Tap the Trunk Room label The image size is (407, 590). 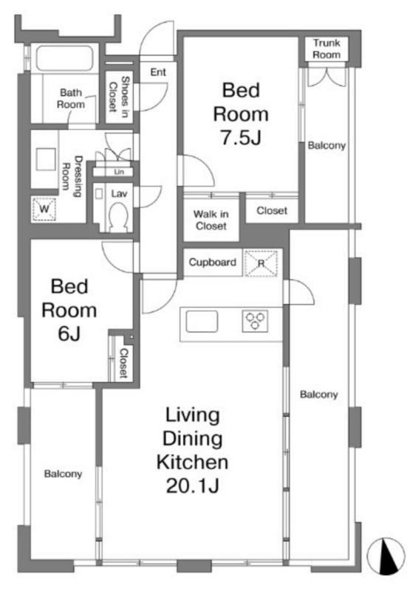point(326,49)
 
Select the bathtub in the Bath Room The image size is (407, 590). point(64,58)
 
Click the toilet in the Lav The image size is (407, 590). point(119,217)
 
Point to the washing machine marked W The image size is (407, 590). point(44,209)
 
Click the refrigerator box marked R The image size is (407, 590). point(261,263)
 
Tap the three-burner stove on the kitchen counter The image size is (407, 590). point(255,322)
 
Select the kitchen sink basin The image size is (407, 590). point(202,322)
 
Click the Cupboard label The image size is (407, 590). point(213,262)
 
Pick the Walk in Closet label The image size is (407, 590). point(211,220)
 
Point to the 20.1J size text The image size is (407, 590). point(193,485)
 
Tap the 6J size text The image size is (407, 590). point(69,333)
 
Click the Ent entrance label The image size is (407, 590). point(158,72)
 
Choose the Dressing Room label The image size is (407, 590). point(72,176)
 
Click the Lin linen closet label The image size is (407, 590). point(119,172)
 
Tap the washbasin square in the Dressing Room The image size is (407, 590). point(46,159)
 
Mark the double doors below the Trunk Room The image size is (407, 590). point(327,77)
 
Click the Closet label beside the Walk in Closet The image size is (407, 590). point(272,211)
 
